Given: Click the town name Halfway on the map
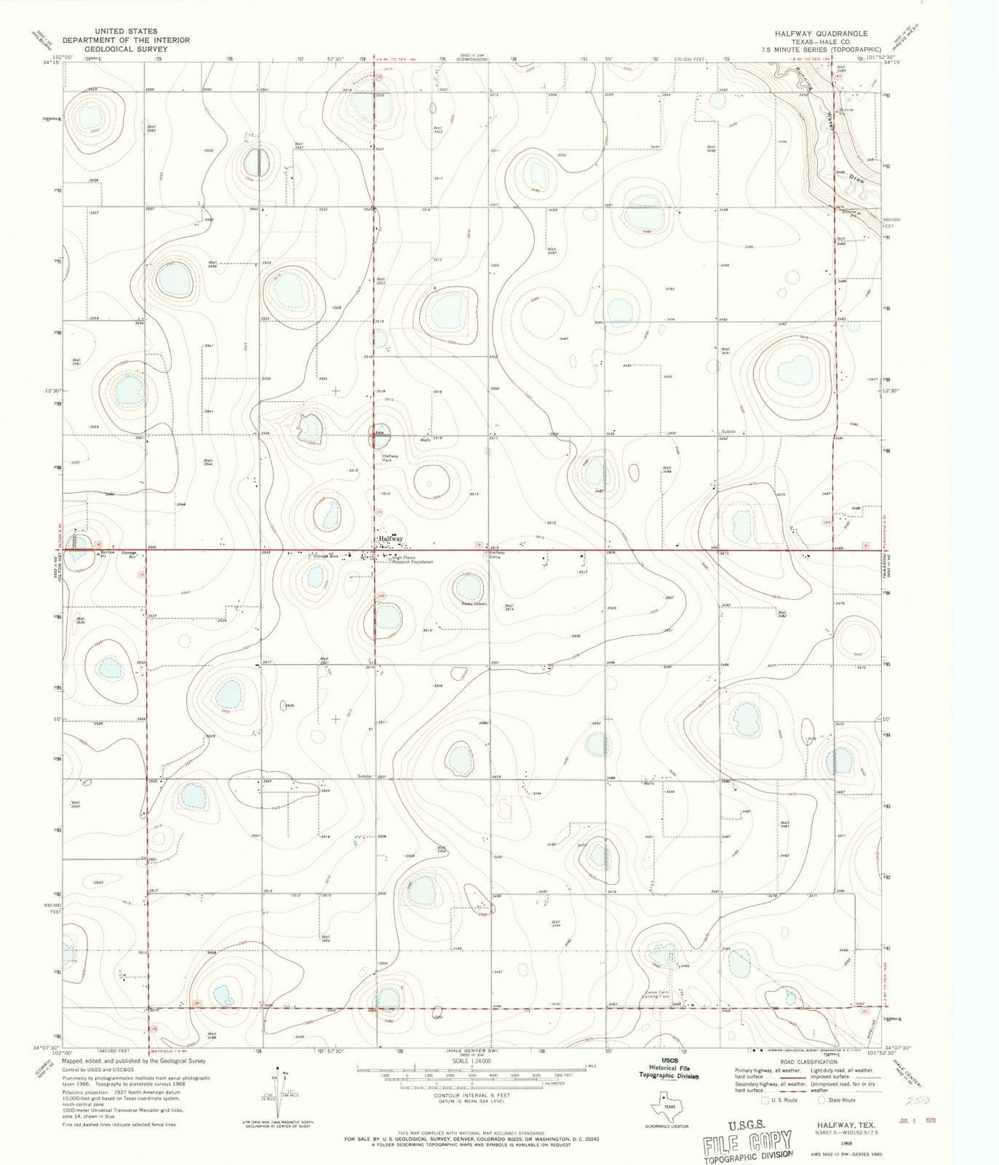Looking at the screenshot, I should click(x=391, y=539).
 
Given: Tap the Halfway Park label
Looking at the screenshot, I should click(x=391, y=458).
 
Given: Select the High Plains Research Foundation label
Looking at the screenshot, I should click(x=413, y=560).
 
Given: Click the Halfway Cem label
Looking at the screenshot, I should click(x=497, y=555).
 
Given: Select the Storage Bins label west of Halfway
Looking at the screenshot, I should click(x=325, y=556).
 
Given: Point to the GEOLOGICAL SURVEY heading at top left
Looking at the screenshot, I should click(x=114, y=49).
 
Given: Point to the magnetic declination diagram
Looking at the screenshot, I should click(x=277, y=1090).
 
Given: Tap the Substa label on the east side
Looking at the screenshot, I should click(x=728, y=432).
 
